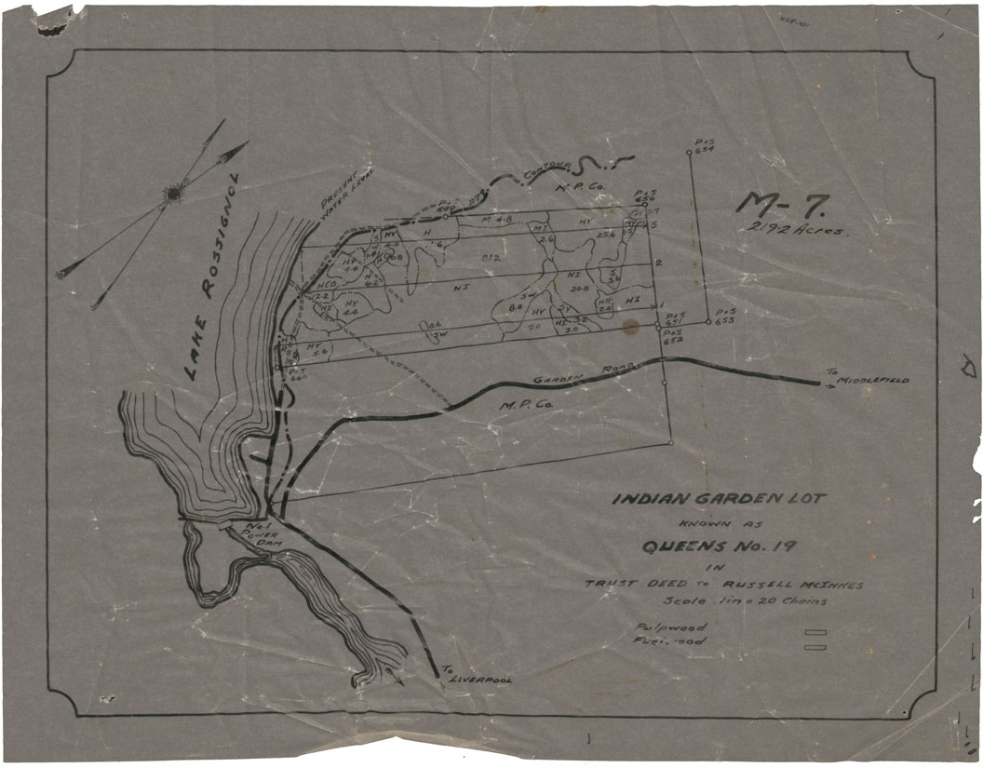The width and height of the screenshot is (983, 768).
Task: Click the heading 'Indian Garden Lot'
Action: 717,499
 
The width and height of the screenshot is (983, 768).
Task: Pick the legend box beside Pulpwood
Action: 821,632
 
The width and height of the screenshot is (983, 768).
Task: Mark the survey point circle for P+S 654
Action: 689,153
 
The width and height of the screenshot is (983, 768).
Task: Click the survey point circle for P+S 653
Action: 707,322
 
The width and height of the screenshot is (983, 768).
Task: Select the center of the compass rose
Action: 173,194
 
